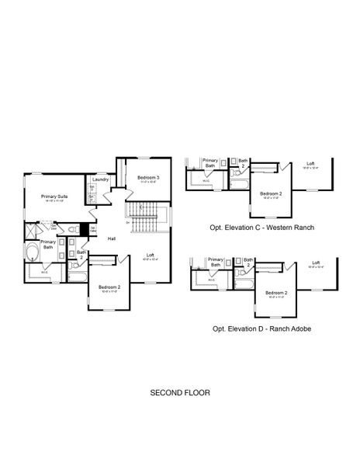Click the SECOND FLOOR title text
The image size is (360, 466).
click(179, 394)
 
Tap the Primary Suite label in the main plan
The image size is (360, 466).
click(54, 197)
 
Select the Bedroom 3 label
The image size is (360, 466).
click(147, 178)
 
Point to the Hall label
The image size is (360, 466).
click(112, 238)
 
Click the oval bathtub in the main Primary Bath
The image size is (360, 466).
click(32, 253)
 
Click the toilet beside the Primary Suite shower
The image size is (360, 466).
click(73, 229)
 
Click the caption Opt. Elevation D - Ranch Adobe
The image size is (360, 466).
click(261, 329)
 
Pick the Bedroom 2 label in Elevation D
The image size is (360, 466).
click(275, 292)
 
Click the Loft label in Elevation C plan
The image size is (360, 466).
click(310, 163)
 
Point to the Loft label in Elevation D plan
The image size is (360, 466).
click(317, 263)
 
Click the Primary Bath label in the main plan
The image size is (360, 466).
click(48, 244)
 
